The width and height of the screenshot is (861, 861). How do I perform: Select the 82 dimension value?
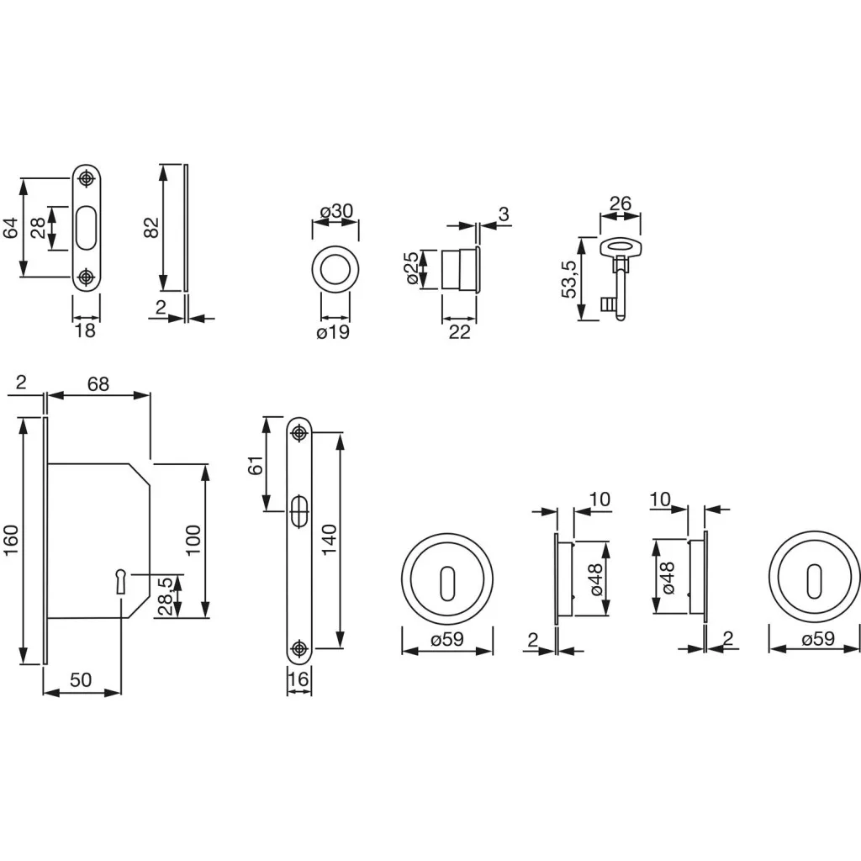(152, 227)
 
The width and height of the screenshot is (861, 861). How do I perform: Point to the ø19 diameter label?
(333, 332)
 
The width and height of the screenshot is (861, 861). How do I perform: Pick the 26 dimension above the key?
(620, 203)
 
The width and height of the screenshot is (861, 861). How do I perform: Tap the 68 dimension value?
(98, 383)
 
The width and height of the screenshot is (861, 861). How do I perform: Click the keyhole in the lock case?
(121, 578)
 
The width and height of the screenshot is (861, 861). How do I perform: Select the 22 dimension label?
(459, 332)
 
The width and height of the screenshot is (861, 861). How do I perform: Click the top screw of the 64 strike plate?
(86, 178)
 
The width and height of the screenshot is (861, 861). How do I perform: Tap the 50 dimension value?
(82, 680)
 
